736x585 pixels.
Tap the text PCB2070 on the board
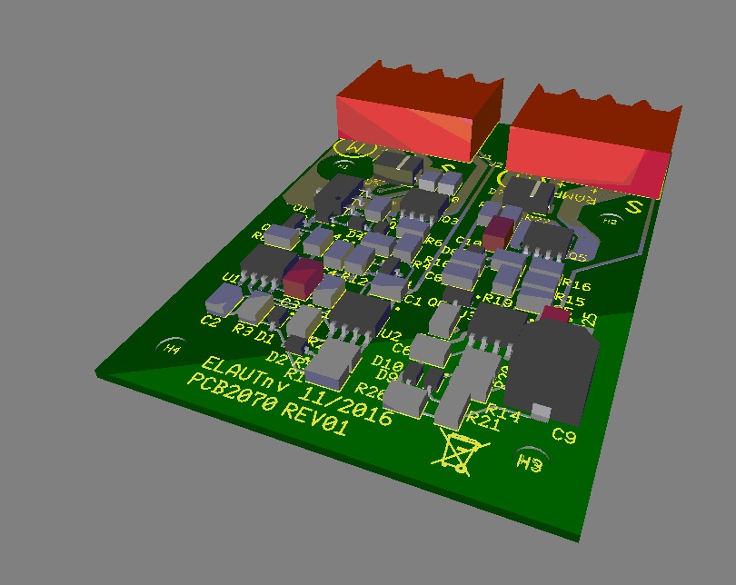coord(231,397)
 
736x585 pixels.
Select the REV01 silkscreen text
coord(314,422)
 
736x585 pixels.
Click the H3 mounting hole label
coord(531,464)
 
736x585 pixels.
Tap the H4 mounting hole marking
coord(171,348)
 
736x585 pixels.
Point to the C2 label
coord(210,320)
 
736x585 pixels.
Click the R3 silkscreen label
coord(243,329)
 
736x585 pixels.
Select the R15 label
coord(569,299)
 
